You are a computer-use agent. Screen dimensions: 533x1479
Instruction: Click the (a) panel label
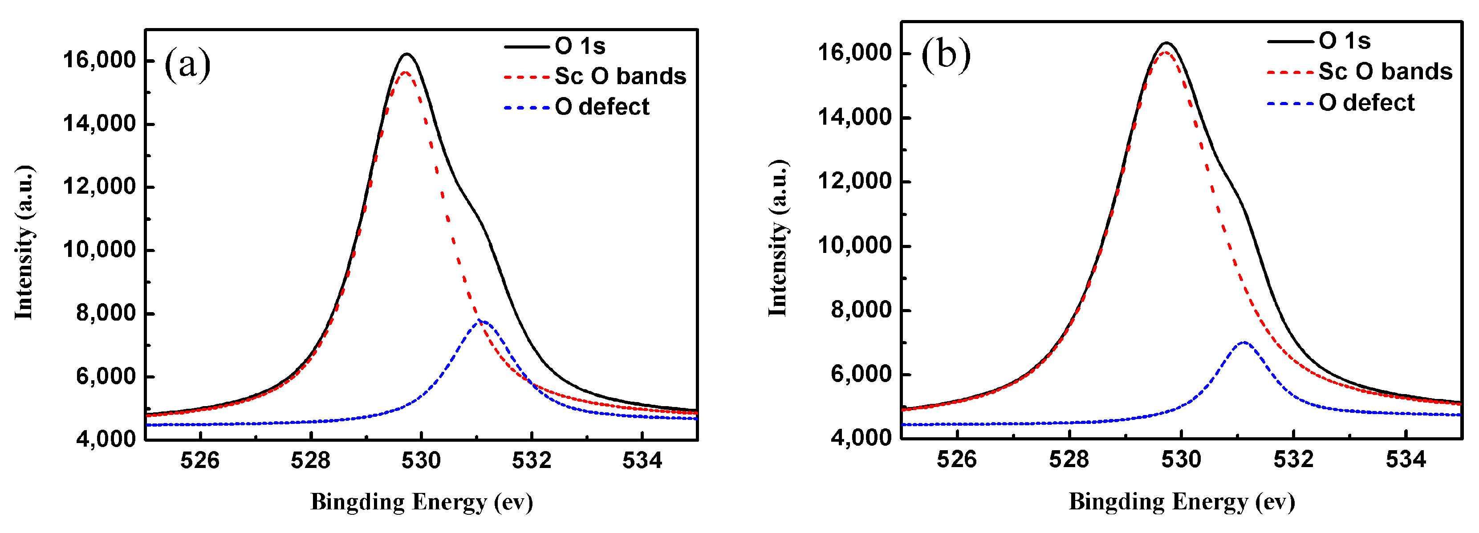(x=187, y=64)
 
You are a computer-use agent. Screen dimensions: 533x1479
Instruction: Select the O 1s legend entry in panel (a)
(x=580, y=46)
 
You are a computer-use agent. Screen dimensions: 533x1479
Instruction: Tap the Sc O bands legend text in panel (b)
(x=1385, y=72)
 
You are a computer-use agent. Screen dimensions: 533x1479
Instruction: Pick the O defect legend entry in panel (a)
(x=601, y=107)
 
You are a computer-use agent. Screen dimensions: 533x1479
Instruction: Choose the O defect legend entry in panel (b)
(x=1366, y=103)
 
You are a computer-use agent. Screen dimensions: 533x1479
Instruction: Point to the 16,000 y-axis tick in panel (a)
(x=99, y=60)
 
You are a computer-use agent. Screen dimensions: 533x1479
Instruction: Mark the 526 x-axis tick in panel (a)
(x=200, y=460)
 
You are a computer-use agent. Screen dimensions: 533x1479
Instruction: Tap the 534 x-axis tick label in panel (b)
(x=1406, y=460)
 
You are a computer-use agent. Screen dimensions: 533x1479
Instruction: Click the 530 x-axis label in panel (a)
(x=421, y=460)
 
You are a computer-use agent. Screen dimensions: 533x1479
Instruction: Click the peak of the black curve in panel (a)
(x=407, y=55)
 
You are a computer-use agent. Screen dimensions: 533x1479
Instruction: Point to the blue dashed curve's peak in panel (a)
(x=482, y=321)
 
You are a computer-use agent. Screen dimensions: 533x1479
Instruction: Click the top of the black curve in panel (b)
(x=1166, y=43)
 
